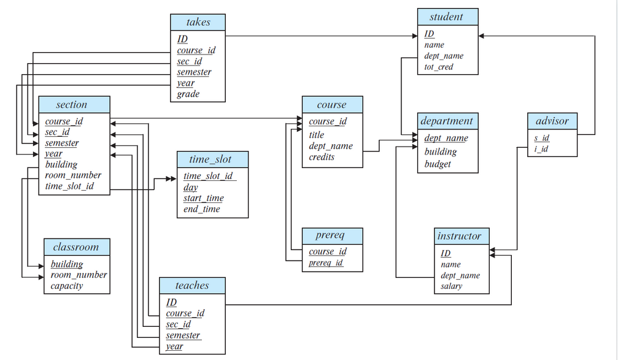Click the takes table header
click(x=198, y=23)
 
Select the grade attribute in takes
click(x=188, y=94)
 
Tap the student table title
click(x=448, y=17)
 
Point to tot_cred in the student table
click(x=439, y=67)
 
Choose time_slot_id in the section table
click(x=69, y=186)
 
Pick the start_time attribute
click(x=203, y=198)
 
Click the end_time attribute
click(x=201, y=209)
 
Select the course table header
click(x=332, y=105)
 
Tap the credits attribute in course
click(x=322, y=157)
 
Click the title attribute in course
click(x=317, y=135)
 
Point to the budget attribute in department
click(x=438, y=164)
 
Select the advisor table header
click(x=552, y=121)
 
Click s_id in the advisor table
click(x=541, y=138)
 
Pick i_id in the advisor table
click(x=541, y=149)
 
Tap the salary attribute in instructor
click(x=451, y=286)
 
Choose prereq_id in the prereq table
click(x=326, y=262)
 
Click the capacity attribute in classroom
click(x=67, y=286)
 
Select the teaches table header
click(x=192, y=286)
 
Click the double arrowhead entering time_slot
click(x=171, y=179)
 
